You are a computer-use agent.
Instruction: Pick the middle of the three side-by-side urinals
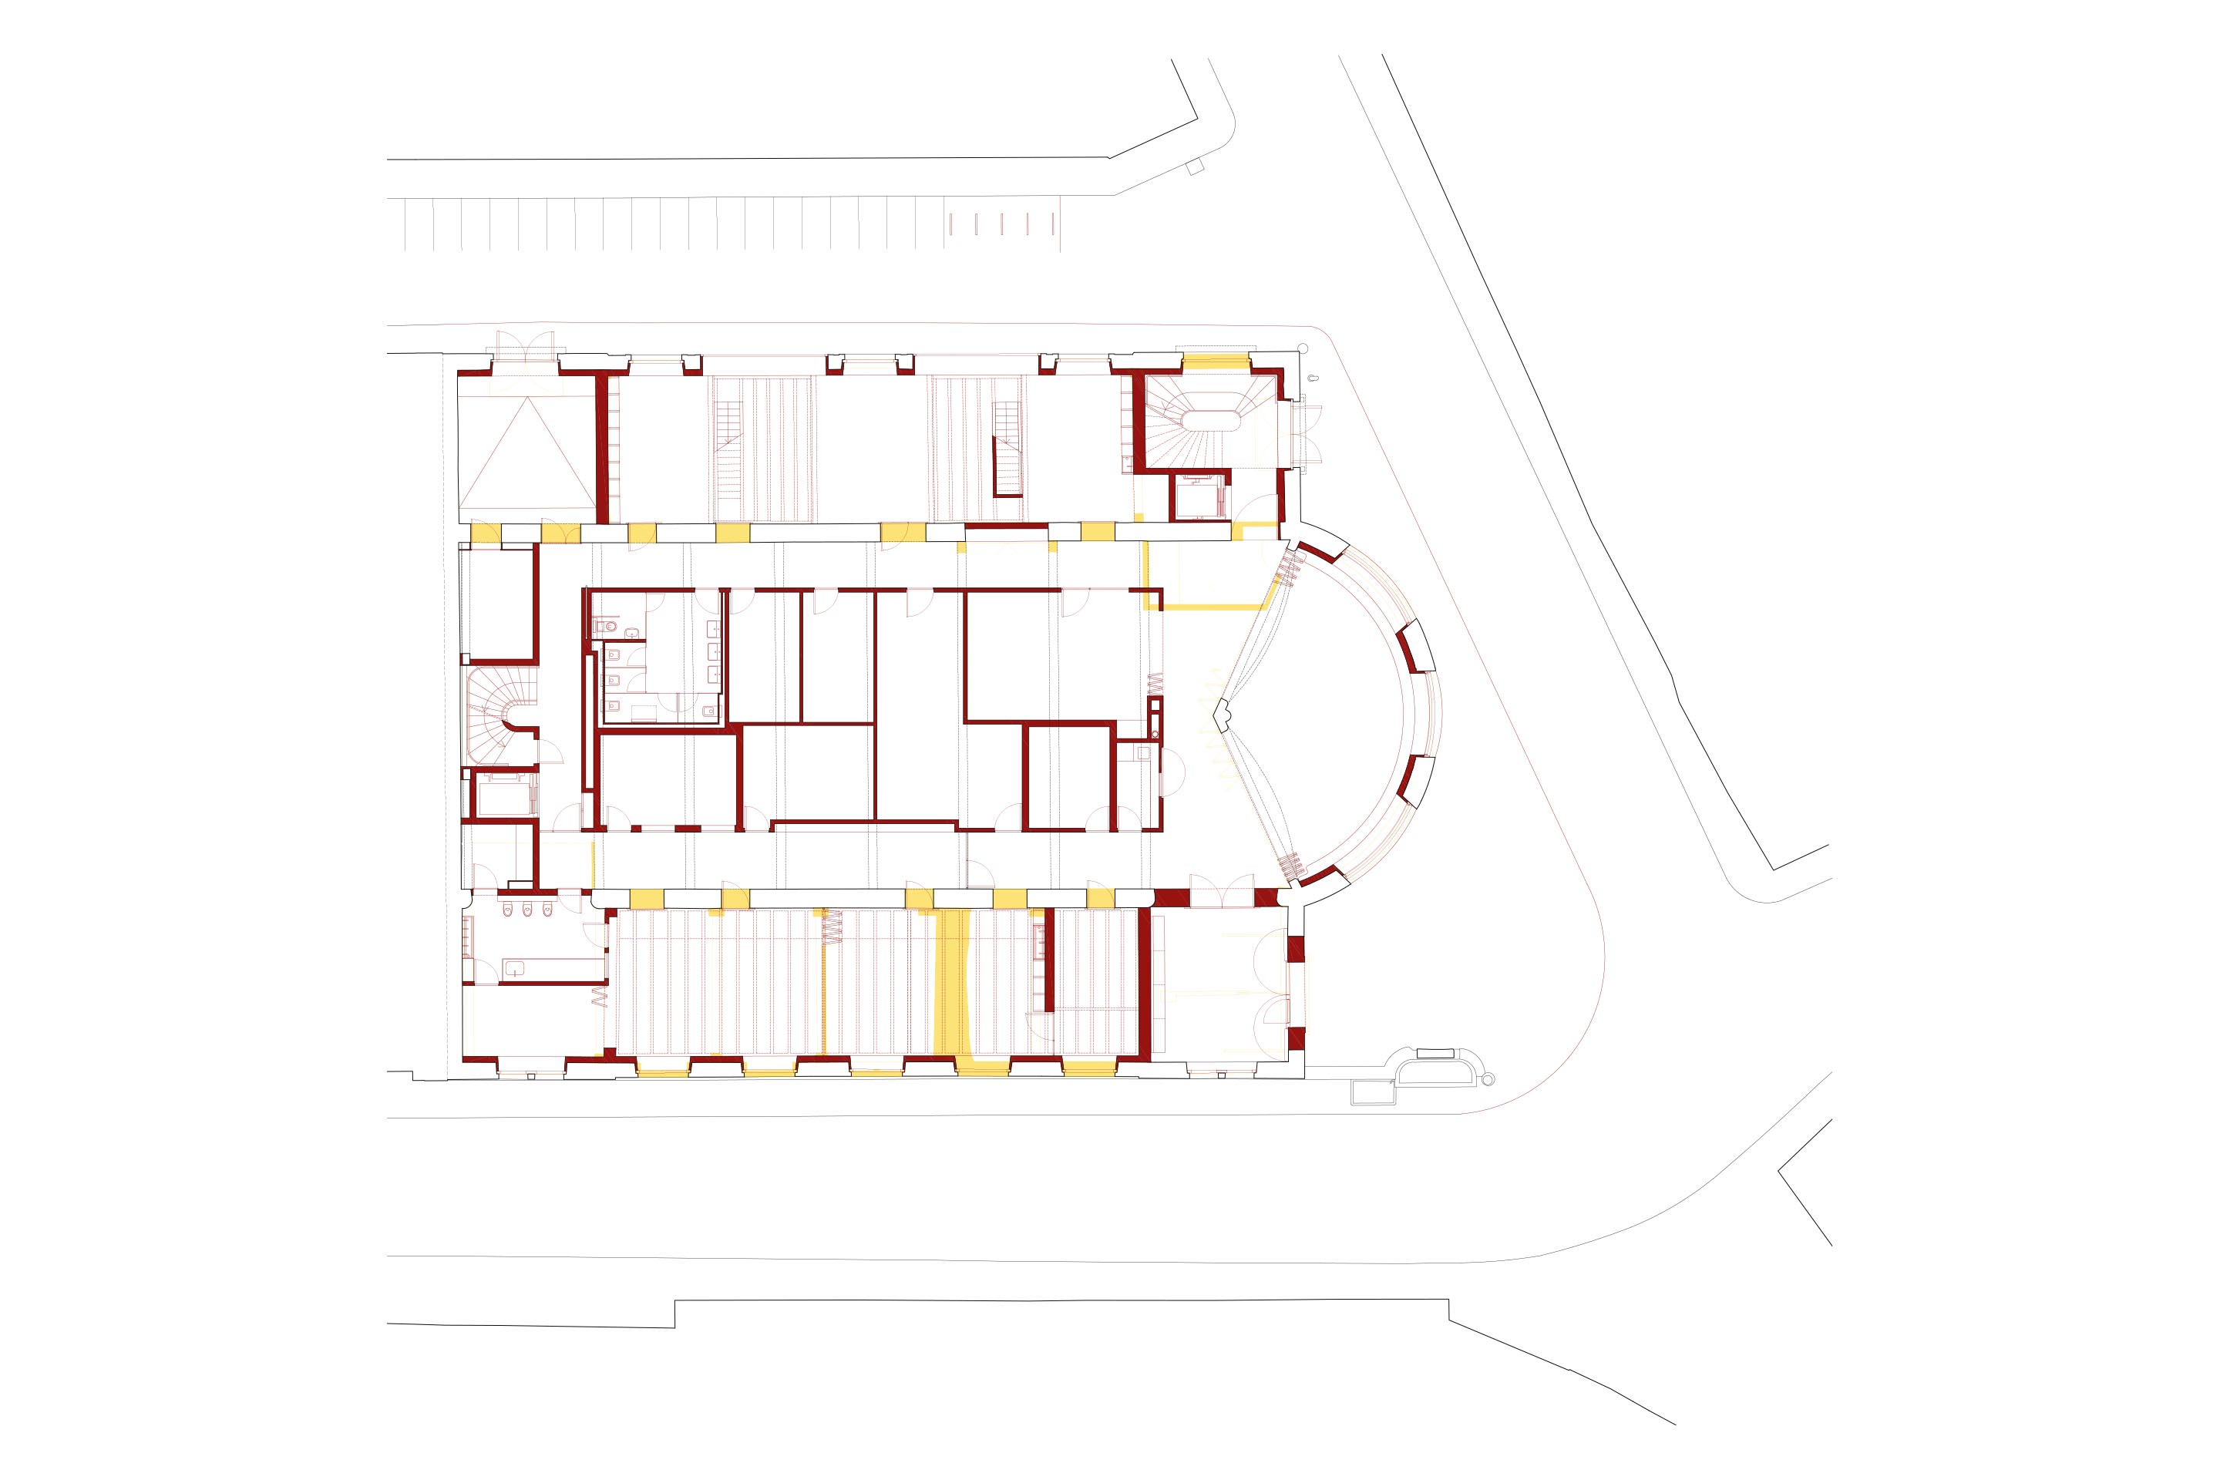(527, 911)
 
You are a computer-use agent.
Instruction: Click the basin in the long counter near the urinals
(516, 967)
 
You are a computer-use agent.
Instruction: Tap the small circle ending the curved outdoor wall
(1489, 1080)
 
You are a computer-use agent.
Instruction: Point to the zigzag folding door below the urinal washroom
(597, 996)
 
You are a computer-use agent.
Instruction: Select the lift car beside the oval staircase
(1199, 496)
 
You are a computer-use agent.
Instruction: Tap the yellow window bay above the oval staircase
(1216, 361)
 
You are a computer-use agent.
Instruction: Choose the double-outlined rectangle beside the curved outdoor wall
(1372, 1092)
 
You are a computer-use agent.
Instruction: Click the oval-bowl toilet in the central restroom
(610, 625)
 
